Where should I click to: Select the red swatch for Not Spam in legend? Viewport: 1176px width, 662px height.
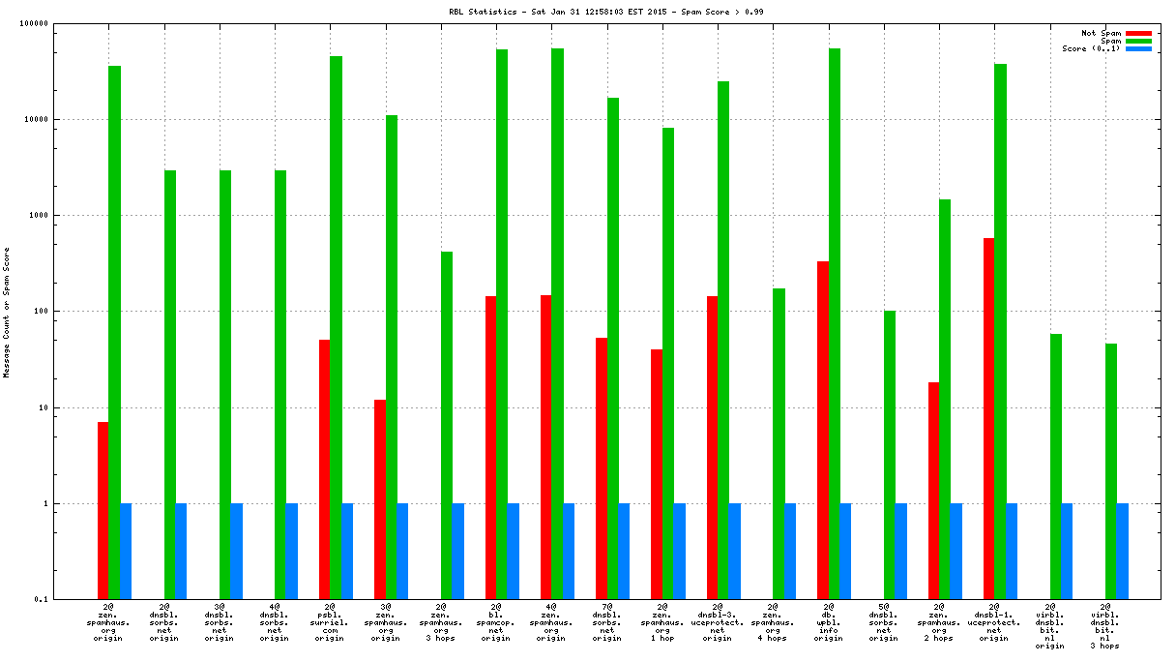[x=1139, y=33]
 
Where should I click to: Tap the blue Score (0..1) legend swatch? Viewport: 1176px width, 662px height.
[x=1139, y=48]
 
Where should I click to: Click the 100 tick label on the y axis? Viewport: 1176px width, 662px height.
[x=68, y=312]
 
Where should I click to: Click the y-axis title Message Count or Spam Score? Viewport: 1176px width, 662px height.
[x=7, y=313]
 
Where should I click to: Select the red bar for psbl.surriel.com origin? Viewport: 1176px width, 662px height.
[x=325, y=469]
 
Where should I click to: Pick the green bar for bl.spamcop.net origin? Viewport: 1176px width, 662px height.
[x=502, y=324]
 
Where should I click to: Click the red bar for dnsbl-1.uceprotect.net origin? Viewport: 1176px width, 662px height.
[x=989, y=418]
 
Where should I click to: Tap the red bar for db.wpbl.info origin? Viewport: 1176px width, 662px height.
[x=823, y=430]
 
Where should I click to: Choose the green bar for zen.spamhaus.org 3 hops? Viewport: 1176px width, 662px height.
[x=447, y=425]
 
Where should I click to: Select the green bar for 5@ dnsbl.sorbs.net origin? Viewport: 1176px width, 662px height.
[x=890, y=455]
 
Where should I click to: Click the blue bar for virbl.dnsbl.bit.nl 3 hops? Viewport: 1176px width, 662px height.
[x=1123, y=551]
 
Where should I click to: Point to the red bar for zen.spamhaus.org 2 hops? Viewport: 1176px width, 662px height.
[x=934, y=491]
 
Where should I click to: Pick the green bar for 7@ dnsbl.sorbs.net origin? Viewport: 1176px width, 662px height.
[x=613, y=348]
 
